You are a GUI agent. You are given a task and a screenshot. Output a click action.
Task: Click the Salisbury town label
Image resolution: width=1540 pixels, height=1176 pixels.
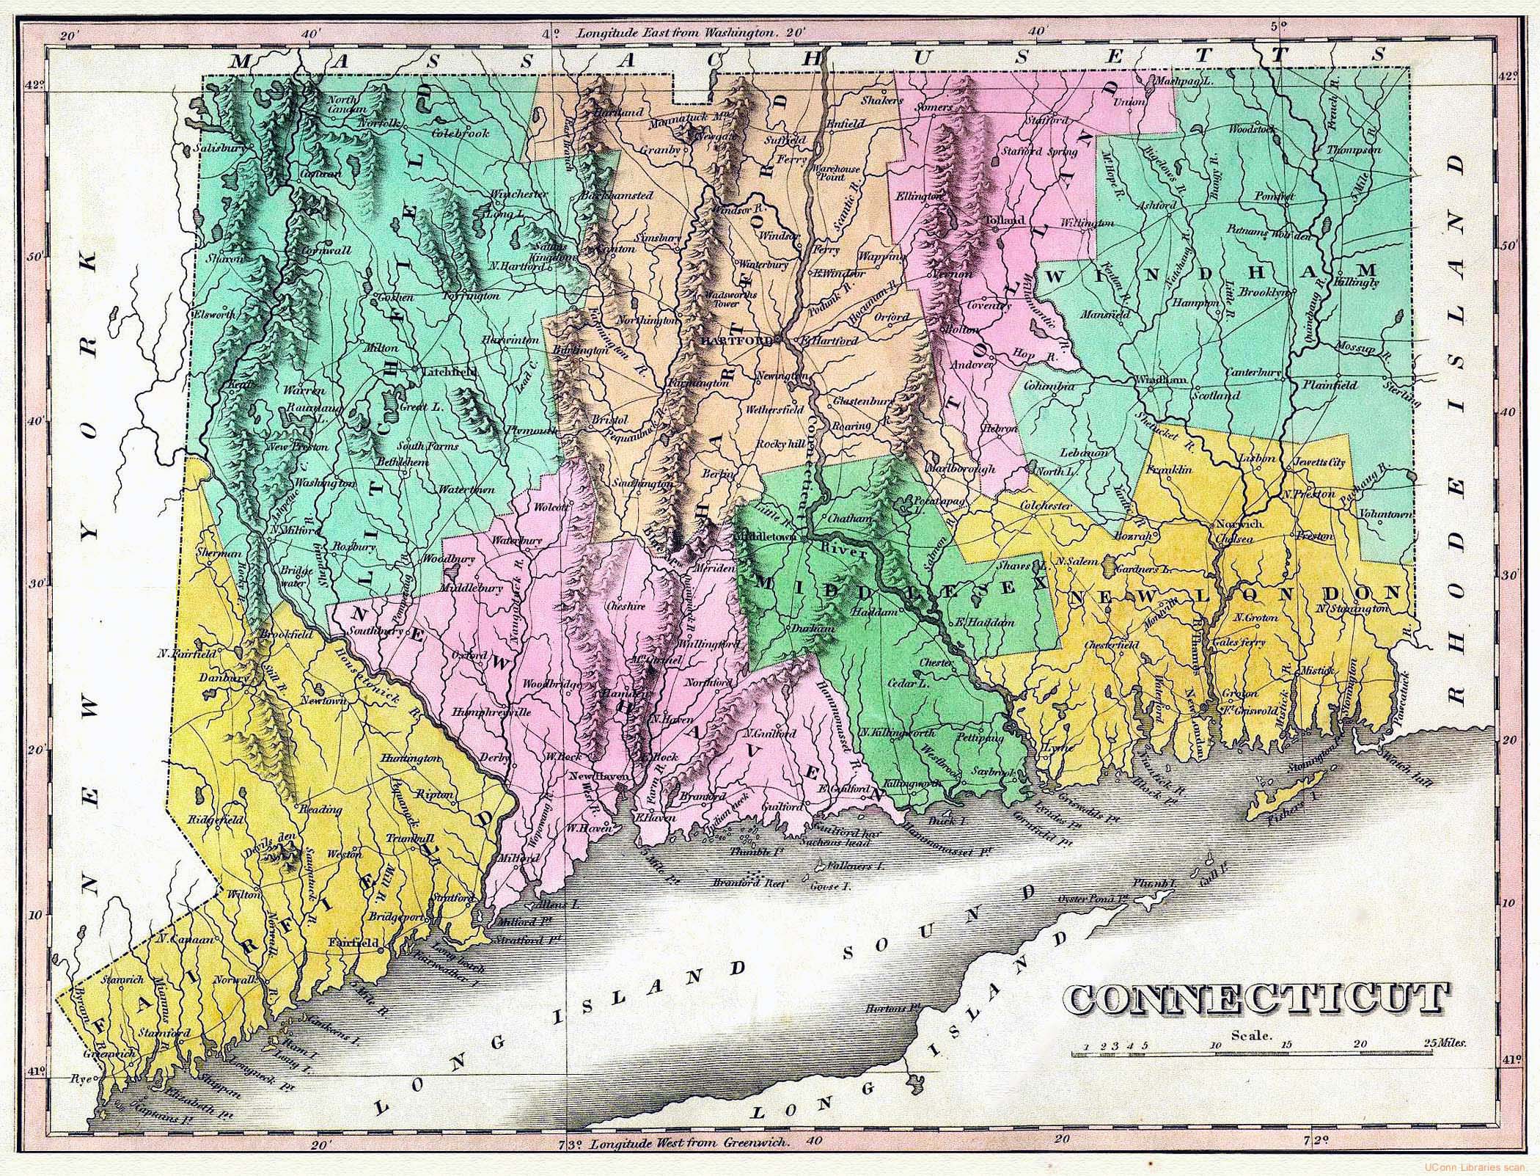pyautogui.click(x=219, y=148)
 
